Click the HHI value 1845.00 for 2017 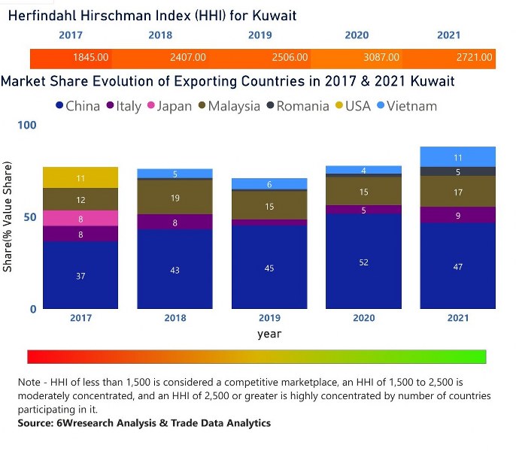tap(91, 57)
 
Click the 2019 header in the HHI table tap(260, 35)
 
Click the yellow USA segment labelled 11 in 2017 tap(80, 177)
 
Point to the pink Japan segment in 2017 tap(80, 218)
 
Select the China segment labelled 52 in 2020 tap(363, 262)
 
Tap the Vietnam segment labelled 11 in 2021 tap(457, 156)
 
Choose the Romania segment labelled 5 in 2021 tap(457, 171)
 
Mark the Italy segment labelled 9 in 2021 tap(457, 215)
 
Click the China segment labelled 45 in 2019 tap(269, 268)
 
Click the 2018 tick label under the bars tap(175, 318)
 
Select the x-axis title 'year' tap(269, 333)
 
